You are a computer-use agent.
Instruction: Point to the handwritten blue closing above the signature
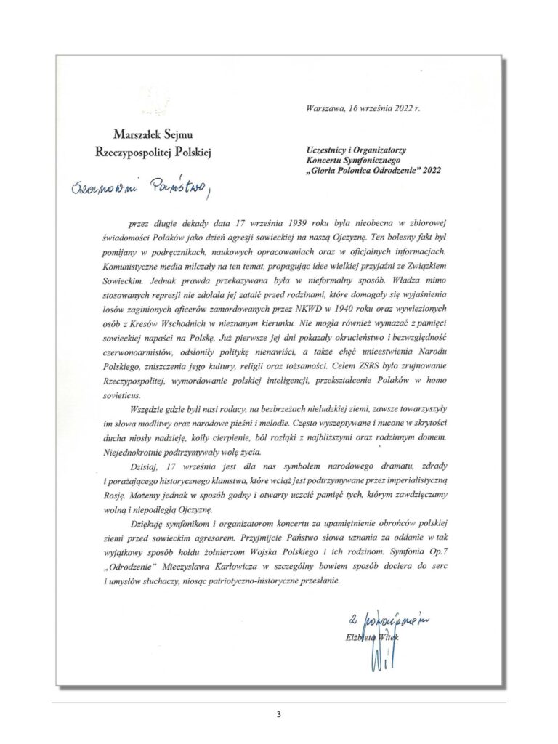point(385,620)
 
